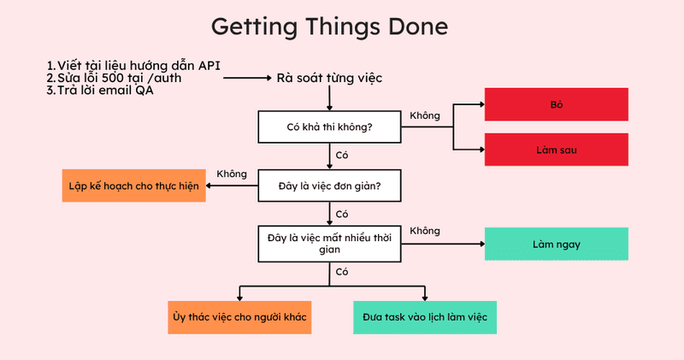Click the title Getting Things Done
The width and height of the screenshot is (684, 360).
[x=329, y=27]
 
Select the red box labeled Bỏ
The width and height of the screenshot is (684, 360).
[x=557, y=104]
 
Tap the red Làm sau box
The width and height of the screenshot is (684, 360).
[x=557, y=150]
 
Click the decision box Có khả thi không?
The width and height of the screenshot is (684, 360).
[x=329, y=127]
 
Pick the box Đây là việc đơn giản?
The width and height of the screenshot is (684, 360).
[x=329, y=186]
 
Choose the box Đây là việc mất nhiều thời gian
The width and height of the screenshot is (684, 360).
[x=329, y=244]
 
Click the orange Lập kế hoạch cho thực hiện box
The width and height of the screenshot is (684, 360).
[x=134, y=186]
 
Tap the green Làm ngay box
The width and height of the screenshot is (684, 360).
[x=557, y=244]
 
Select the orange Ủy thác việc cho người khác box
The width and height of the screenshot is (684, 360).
[x=239, y=317]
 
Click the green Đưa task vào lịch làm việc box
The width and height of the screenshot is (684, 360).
[x=425, y=317]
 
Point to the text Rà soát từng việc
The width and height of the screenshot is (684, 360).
[x=329, y=78]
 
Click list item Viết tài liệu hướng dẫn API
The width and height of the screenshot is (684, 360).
[x=133, y=66]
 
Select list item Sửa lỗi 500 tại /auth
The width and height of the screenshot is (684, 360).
[x=114, y=78]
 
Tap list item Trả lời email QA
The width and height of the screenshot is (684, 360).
[x=100, y=91]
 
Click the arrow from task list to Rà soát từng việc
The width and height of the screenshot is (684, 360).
[x=247, y=78]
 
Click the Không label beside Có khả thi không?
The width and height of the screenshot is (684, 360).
[x=425, y=115]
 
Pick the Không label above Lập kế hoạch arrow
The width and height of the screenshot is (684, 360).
[x=232, y=174]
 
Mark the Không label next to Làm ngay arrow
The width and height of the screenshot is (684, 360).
[x=425, y=231]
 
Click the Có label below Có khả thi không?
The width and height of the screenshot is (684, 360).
[x=341, y=156]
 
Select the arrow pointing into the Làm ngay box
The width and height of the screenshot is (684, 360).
[x=443, y=244]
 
